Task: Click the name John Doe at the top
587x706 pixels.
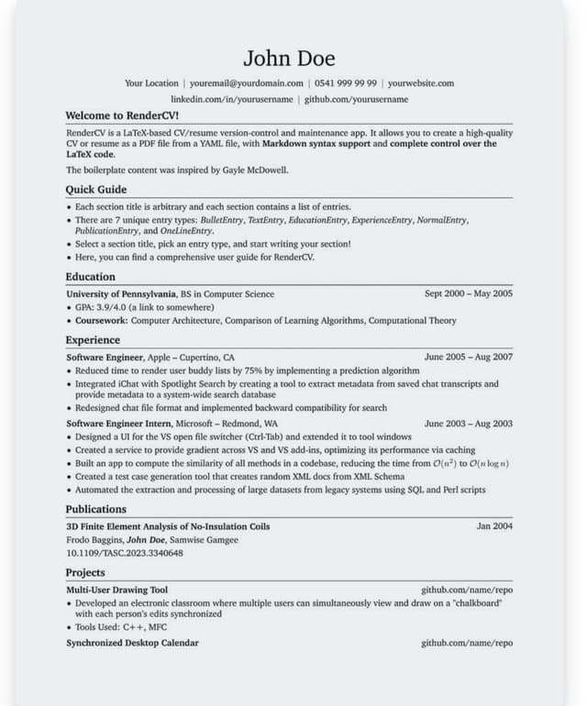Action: [x=289, y=59]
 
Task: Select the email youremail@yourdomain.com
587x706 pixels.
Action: [x=247, y=83]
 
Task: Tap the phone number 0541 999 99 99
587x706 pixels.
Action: [x=345, y=83]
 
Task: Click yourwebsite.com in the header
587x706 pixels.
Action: [x=420, y=83]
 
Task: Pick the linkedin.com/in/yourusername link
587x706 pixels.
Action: [x=232, y=99]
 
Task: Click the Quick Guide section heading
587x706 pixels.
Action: [x=96, y=190]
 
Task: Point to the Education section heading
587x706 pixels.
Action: [x=91, y=277]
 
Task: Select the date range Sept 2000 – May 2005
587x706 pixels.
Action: [x=468, y=294]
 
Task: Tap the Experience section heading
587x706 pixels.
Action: [x=93, y=340]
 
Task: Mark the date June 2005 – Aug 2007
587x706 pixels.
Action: [x=468, y=358]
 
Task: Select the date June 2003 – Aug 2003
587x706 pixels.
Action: [x=468, y=425]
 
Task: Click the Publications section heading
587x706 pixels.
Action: [x=96, y=510]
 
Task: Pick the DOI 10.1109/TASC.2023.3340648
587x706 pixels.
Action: [x=125, y=554]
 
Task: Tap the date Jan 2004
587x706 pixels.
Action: [x=494, y=527]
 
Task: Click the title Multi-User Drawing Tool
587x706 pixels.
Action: [x=116, y=590]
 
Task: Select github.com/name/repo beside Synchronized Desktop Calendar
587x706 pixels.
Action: [x=467, y=644]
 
